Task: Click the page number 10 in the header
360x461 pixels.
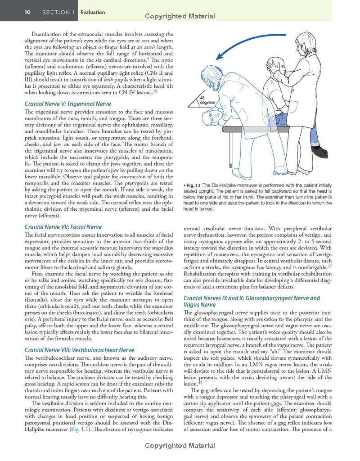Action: [28, 12]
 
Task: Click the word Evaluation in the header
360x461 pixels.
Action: [93, 12]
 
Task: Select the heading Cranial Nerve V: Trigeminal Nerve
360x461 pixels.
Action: [67, 104]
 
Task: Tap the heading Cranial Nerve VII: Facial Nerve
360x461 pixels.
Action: [63, 227]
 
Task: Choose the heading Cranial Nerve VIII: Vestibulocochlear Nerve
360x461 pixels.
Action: [79, 350]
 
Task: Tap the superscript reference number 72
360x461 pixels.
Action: [155, 91]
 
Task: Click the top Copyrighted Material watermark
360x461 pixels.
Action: [180, 16]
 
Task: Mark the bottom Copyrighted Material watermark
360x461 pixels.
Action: [180, 446]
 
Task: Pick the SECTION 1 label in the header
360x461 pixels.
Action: [58, 12]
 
